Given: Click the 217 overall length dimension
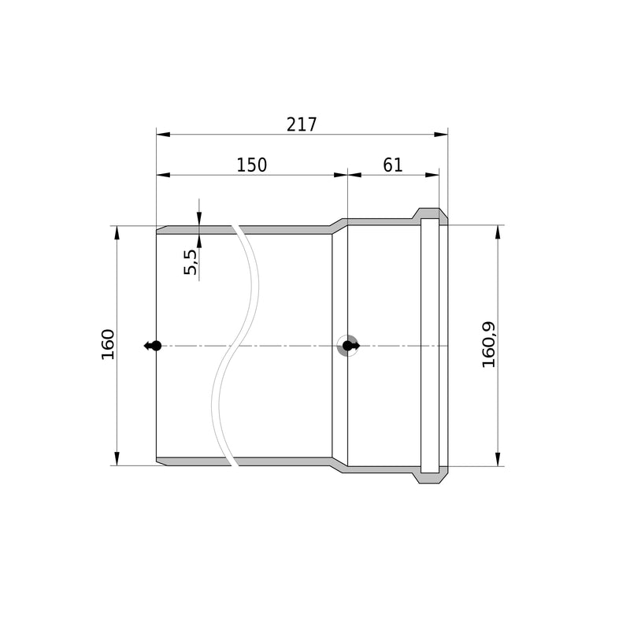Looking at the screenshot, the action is (x=302, y=124).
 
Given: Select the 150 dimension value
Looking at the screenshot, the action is (x=251, y=165).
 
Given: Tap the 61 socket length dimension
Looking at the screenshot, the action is (x=392, y=165).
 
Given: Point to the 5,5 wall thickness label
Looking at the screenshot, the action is (x=191, y=262).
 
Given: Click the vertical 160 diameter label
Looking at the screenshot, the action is (x=108, y=344).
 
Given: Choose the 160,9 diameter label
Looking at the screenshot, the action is (x=489, y=345).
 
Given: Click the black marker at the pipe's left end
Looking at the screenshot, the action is (x=153, y=346).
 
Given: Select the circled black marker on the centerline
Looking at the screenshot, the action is (x=349, y=346).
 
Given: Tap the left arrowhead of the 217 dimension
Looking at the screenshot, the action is (x=163, y=134).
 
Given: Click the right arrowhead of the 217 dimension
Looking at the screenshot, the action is (x=441, y=134).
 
